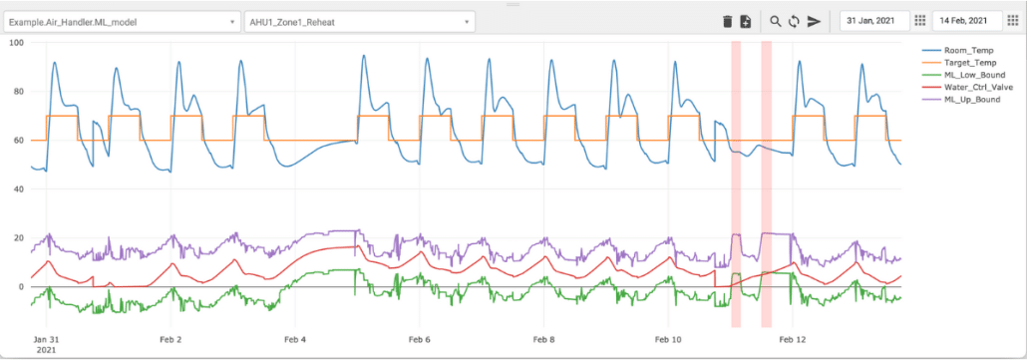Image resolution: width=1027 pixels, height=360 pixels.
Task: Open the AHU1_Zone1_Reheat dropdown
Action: pos(359,21)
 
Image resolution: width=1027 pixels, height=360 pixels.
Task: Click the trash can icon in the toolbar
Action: pos(727,21)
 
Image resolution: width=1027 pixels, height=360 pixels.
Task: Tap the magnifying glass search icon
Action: pos(775,21)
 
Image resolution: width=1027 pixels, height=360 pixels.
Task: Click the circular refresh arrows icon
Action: pos(794,21)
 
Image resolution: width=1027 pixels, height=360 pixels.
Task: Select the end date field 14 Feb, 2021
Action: pos(964,21)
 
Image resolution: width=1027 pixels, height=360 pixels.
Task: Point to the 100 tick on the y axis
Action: pos(16,43)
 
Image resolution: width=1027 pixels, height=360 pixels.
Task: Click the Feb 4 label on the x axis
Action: pos(295,340)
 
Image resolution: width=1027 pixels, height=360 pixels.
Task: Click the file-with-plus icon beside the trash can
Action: pos(745,21)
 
